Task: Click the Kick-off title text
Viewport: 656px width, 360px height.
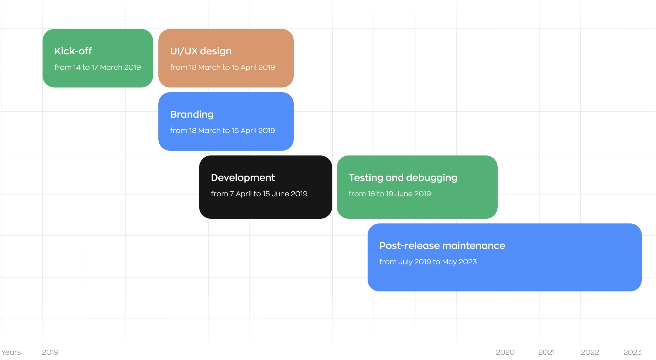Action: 73,51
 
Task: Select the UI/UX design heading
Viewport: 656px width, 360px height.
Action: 201,51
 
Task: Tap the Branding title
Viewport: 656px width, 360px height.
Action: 192,115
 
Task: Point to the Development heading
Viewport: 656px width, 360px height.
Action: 243,178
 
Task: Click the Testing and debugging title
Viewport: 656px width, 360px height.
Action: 403,178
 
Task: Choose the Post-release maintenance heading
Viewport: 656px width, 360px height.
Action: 442,246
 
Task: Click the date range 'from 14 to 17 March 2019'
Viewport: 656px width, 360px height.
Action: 98,67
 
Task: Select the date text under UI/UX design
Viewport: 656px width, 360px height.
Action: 223,67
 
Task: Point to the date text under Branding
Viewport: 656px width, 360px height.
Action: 223,131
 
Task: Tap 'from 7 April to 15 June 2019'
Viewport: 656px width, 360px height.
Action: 259,194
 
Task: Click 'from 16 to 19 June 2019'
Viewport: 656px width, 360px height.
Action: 390,194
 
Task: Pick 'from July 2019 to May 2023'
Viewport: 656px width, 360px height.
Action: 428,262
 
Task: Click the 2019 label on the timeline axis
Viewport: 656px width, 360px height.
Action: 50,352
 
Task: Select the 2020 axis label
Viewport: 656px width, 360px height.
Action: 505,352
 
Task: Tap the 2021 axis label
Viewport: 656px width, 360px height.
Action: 546,352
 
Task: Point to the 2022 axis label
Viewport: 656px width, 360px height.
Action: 590,352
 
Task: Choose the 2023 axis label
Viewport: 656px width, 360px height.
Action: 632,352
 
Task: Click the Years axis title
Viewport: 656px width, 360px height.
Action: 11,352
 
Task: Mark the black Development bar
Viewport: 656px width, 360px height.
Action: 266,187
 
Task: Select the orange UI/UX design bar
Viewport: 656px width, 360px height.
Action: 226,58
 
